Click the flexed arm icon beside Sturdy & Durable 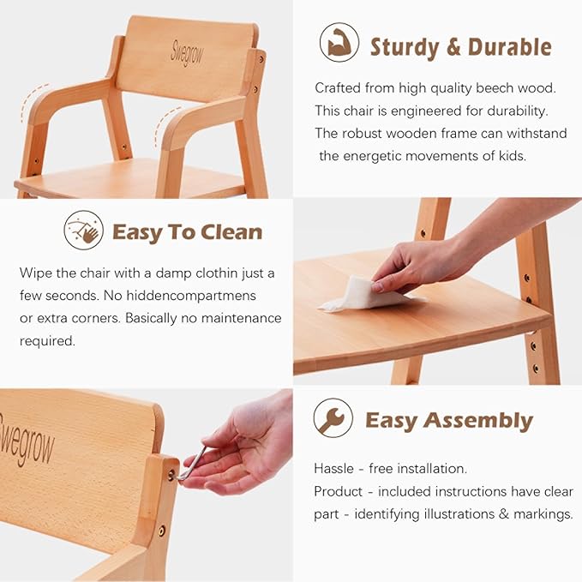pos(339,43)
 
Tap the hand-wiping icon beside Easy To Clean pos(83,231)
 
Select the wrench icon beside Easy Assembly pos(333,419)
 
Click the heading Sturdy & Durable pos(460,46)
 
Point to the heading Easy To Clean pos(187,232)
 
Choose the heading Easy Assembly pos(448,421)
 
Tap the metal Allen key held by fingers pos(192,464)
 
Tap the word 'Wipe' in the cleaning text pos(36,273)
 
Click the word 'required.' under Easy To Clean pos(47,340)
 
